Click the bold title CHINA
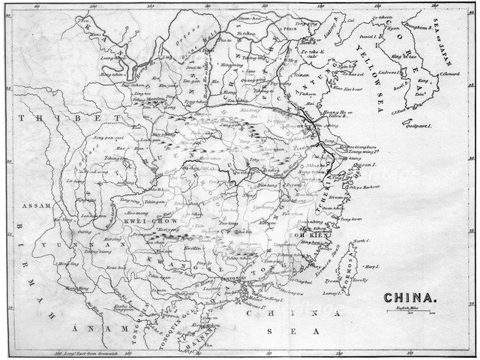(x=409, y=298)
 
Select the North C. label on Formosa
(x=361, y=241)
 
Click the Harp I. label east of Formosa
(x=370, y=267)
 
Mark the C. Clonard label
(x=449, y=73)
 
